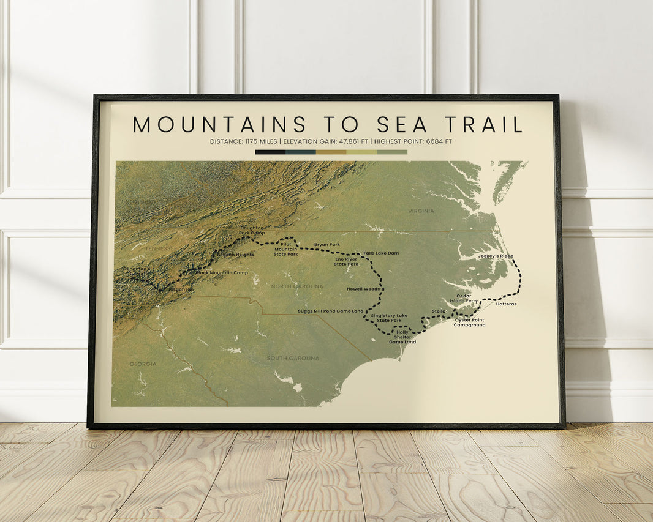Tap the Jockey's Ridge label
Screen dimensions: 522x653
click(x=496, y=256)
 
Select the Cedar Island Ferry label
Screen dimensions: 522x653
click(x=464, y=298)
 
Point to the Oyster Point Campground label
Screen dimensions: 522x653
click(x=469, y=322)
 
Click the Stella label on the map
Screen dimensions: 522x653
click(x=439, y=311)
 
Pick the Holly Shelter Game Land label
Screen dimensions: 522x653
click(x=402, y=337)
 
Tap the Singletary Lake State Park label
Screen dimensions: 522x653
click(x=389, y=318)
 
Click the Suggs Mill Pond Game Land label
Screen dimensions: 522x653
click(x=330, y=311)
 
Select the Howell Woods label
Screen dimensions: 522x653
click(x=363, y=289)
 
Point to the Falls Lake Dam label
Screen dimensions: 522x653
click(x=380, y=253)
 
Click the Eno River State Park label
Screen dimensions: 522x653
click(x=345, y=261)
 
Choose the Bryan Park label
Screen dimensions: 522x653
click(x=326, y=244)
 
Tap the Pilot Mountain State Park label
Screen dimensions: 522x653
click(x=285, y=248)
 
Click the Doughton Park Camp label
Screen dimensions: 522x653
click(x=252, y=230)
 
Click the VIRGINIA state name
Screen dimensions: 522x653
click(x=421, y=211)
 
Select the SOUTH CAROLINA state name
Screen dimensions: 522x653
click(x=292, y=357)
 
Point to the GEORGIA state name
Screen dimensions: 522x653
click(x=143, y=364)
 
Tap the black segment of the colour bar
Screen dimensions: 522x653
click(x=270, y=152)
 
